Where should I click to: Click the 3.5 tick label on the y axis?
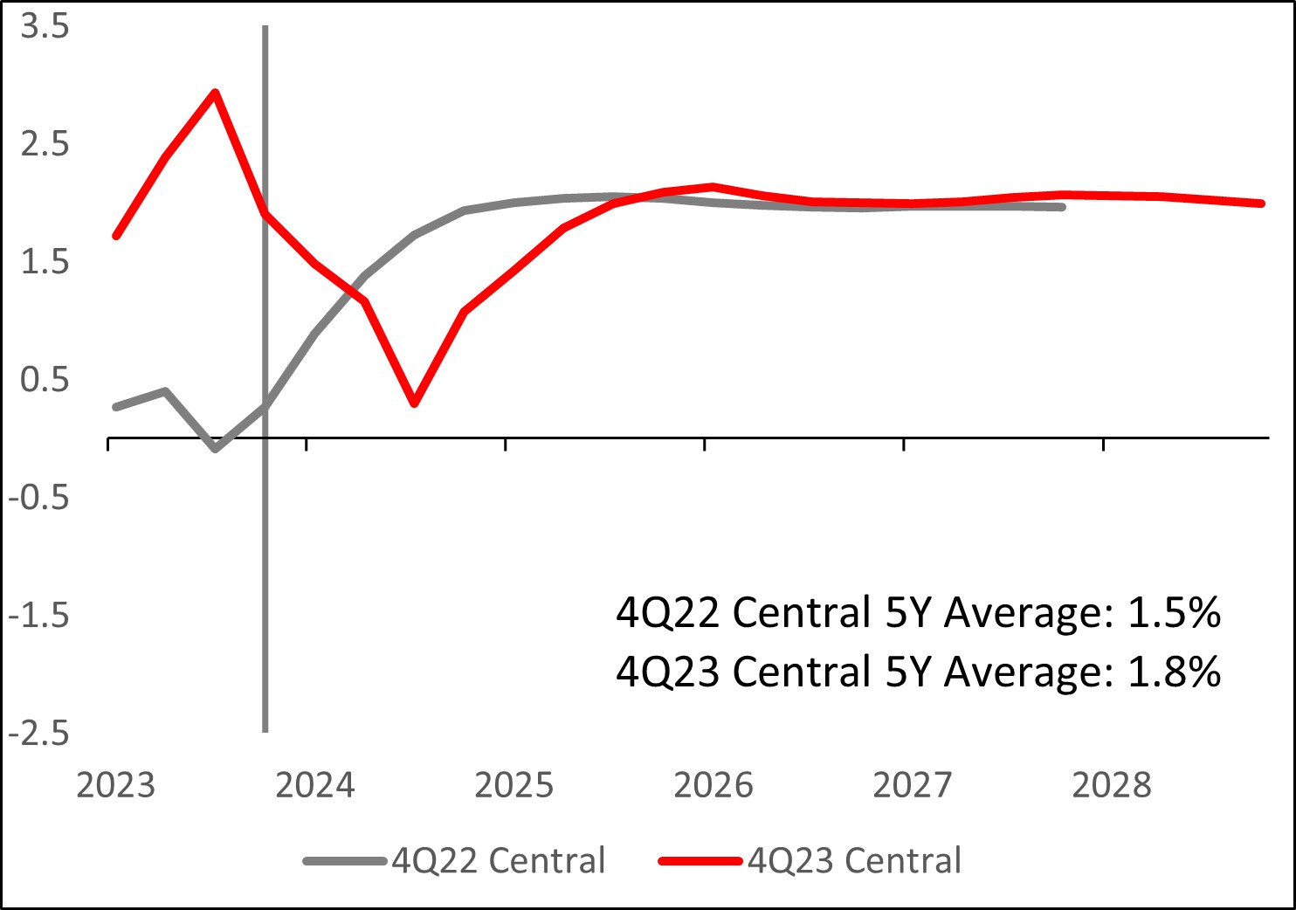click(45, 26)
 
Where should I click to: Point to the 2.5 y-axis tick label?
click(45, 144)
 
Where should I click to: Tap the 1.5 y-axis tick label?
click(45, 262)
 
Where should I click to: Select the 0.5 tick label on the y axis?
click(45, 380)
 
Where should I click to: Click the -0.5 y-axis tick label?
click(38, 498)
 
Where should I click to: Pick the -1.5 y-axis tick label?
click(38, 616)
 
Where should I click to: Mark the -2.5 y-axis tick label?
click(38, 734)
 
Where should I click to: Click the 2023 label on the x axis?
click(115, 785)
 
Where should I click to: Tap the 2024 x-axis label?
click(314, 785)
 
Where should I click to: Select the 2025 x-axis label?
click(514, 785)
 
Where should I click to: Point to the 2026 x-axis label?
click(713, 785)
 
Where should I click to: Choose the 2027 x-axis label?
click(912, 785)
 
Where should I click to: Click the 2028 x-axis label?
click(1111, 785)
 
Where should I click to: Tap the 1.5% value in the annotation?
click(1174, 613)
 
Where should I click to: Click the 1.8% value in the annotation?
click(1174, 672)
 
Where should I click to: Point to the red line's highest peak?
click(215, 93)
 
